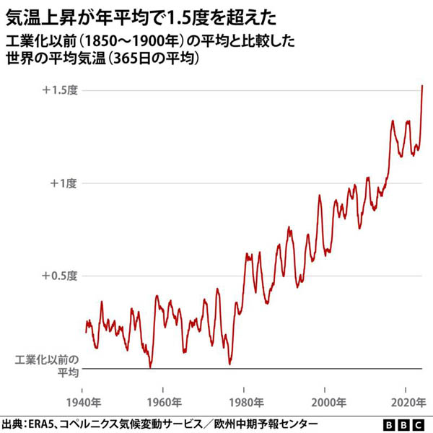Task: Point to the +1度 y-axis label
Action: pos(63,183)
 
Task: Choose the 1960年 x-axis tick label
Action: pos(163,401)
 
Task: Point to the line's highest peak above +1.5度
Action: pos(422,86)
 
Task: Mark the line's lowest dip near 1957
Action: pos(150,367)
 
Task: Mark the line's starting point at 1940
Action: pos(86,332)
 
